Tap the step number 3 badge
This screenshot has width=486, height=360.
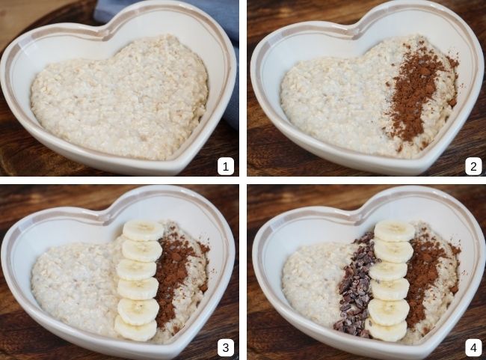(x=227, y=347)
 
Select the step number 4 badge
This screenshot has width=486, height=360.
(x=473, y=347)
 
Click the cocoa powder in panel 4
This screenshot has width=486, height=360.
(x=425, y=277)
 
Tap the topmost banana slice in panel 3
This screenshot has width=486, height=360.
(x=143, y=230)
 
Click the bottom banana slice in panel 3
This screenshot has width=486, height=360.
(x=135, y=328)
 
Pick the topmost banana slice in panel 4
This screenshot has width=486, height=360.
(x=394, y=231)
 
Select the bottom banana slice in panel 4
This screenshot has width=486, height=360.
(x=387, y=329)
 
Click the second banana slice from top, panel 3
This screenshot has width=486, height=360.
(x=141, y=250)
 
